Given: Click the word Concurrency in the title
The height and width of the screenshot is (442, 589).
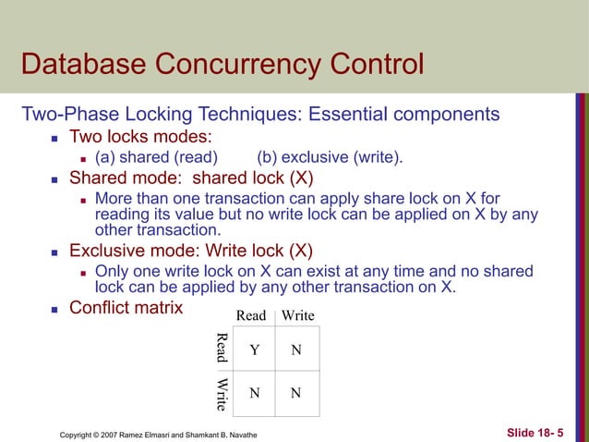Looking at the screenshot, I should (x=241, y=66).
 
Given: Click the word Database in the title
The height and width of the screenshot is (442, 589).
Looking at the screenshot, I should (x=76, y=66).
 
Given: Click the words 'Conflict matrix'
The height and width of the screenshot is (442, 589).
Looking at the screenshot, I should (x=126, y=306).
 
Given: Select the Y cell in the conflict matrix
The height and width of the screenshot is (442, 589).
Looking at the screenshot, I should (x=254, y=350).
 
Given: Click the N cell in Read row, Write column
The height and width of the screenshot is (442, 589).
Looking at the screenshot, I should (x=295, y=350).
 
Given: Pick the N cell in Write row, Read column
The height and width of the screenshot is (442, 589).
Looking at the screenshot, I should (x=254, y=392).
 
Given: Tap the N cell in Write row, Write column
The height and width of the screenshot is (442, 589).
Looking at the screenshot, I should (x=295, y=392).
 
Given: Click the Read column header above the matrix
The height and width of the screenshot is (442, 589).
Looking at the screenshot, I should (x=251, y=315).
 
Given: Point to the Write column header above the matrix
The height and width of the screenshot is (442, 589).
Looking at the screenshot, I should (x=297, y=315).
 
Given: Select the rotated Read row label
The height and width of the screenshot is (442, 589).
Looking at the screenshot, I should (x=222, y=349).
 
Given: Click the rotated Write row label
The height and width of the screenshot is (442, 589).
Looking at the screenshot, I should (x=222, y=393).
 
